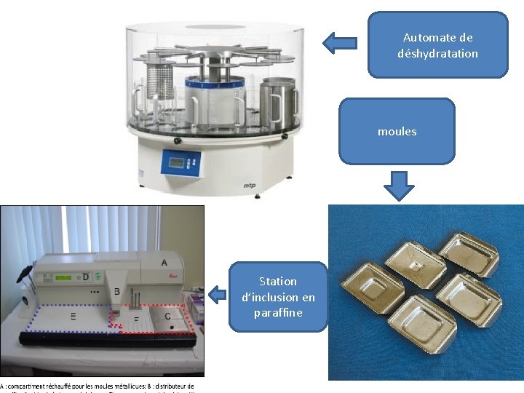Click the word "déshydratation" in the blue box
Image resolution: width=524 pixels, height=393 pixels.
point(437,53)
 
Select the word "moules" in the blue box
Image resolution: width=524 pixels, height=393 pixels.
point(397,132)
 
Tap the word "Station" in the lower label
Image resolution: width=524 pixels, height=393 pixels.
point(278,281)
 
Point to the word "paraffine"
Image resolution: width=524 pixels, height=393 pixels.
point(278,313)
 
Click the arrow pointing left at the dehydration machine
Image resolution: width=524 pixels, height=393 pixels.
point(339,43)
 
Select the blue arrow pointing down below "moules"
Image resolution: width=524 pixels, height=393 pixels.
point(398,185)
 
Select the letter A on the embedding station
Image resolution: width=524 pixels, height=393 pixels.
point(164,262)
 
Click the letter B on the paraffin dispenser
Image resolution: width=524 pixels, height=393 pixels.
point(116,291)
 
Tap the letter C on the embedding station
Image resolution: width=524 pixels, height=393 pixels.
point(168,316)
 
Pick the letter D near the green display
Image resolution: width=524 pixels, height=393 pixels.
point(86,277)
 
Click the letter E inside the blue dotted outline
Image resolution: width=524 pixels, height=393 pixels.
point(74,317)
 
